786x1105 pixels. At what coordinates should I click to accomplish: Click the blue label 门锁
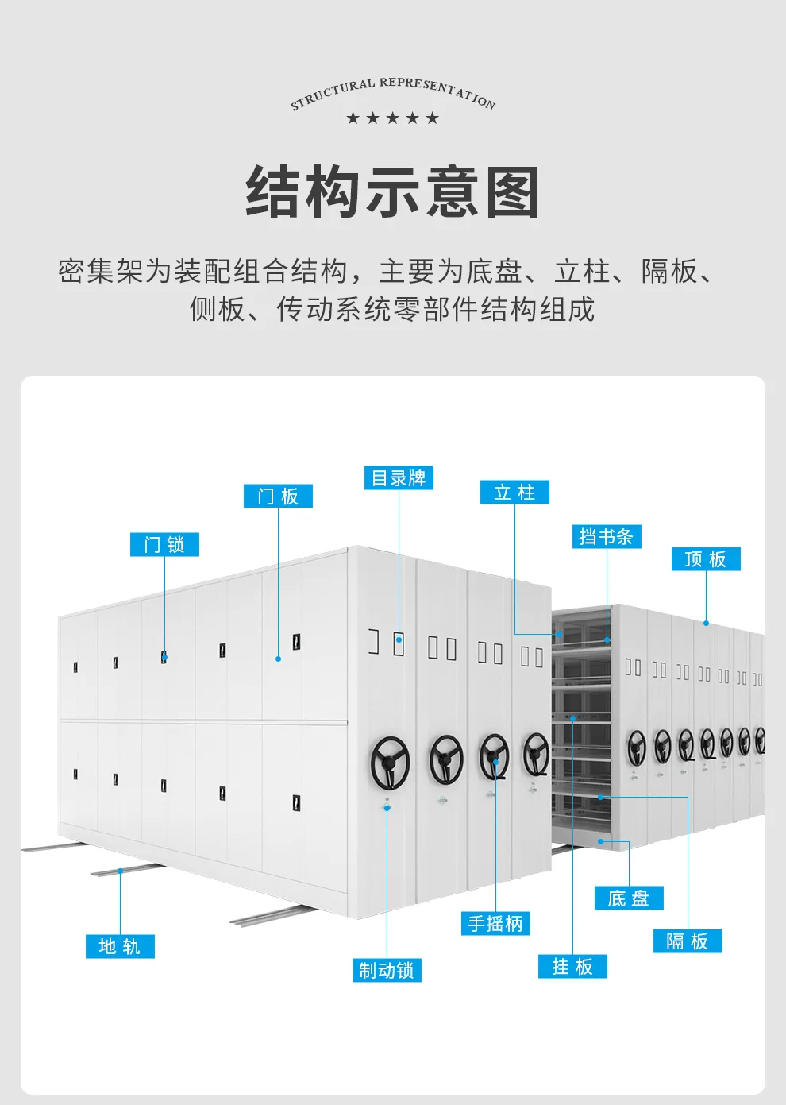tap(164, 545)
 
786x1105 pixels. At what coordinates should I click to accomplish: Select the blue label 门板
tap(278, 496)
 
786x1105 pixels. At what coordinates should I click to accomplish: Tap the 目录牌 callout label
tap(399, 478)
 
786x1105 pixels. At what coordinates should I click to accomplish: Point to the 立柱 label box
tap(514, 493)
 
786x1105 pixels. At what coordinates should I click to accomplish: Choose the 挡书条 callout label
tap(607, 537)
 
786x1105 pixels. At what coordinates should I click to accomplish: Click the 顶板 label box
tap(706, 559)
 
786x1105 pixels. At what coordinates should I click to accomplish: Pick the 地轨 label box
tap(121, 947)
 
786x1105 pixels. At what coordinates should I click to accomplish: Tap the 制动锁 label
tap(387, 970)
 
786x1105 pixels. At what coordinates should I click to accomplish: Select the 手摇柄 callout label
tap(495, 923)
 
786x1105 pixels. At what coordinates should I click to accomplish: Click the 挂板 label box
tap(572, 967)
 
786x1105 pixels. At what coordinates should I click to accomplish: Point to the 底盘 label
tap(629, 898)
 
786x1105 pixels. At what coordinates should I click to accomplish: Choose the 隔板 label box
tap(688, 941)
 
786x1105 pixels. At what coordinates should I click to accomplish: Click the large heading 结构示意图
tap(393, 192)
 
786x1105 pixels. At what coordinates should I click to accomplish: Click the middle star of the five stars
tap(393, 118)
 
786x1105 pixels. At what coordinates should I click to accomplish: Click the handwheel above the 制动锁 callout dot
tap(390, 763)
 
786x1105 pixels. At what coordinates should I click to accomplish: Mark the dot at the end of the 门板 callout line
tap(278, 659)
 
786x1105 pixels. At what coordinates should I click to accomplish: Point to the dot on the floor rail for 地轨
tap(121, 871)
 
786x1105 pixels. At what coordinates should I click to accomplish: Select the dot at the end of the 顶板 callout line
tap(706, 623)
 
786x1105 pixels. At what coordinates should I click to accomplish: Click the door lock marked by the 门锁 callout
tap(164, 657)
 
